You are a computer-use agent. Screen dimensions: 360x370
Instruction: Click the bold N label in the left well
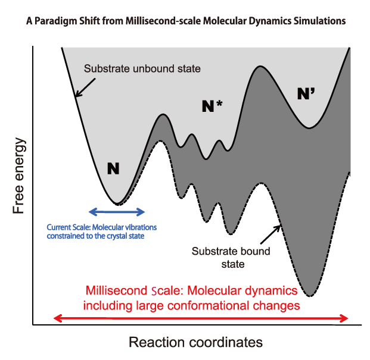[x=113, y=168]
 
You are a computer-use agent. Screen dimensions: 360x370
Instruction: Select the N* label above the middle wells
[x=212, y=107]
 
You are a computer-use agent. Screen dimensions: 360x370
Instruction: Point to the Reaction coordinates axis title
[x=195, y=343]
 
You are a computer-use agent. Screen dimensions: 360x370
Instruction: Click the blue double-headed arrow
[x=117, y=211]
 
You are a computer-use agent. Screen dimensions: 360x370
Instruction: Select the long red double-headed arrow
[x=201, y=318]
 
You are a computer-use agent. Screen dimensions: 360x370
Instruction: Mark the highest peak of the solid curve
[x=260, y=66]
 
